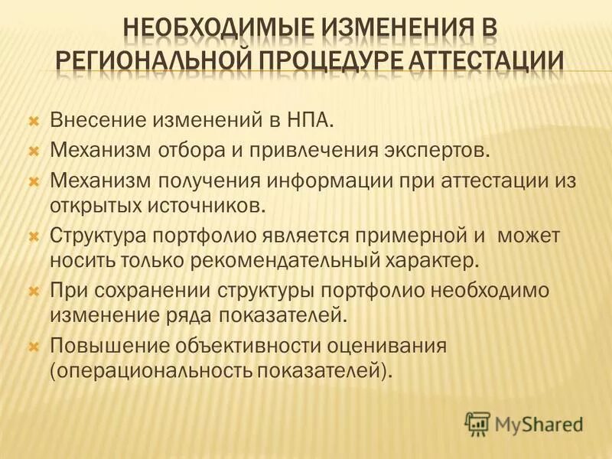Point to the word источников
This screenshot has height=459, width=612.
212,205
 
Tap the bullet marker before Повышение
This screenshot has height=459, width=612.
34,347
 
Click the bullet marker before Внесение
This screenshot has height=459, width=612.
34,121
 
